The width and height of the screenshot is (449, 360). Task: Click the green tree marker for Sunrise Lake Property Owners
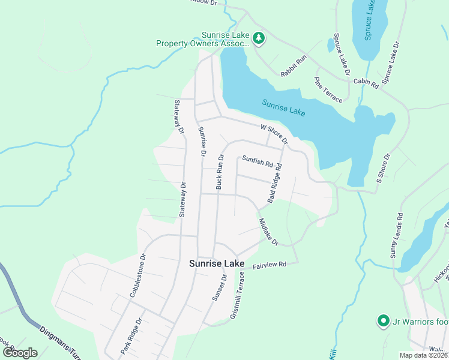(x=259, y=38)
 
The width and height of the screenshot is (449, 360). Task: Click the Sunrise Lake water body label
(x=284, y=107)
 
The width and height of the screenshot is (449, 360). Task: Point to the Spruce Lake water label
(x=370, y=21)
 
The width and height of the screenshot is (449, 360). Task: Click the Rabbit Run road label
(x=294, y=66)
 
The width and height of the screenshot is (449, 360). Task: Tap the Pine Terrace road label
(x=328, y=89)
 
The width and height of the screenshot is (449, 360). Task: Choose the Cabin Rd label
(x=365, y=83)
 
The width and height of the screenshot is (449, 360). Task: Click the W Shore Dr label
(x=274, y=134)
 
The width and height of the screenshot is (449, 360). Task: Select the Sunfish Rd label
(x=258, y=161)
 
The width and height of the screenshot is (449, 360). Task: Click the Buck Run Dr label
(x=220, y=172)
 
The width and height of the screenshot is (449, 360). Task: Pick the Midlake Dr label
(x=268, y=232)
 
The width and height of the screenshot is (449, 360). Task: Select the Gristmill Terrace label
(x=238, y=295)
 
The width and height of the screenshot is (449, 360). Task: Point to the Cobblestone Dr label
(x=138, y=275)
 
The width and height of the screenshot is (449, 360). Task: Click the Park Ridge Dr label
(x=130, y=335)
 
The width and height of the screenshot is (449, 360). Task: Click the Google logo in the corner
(x=20, y=352)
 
